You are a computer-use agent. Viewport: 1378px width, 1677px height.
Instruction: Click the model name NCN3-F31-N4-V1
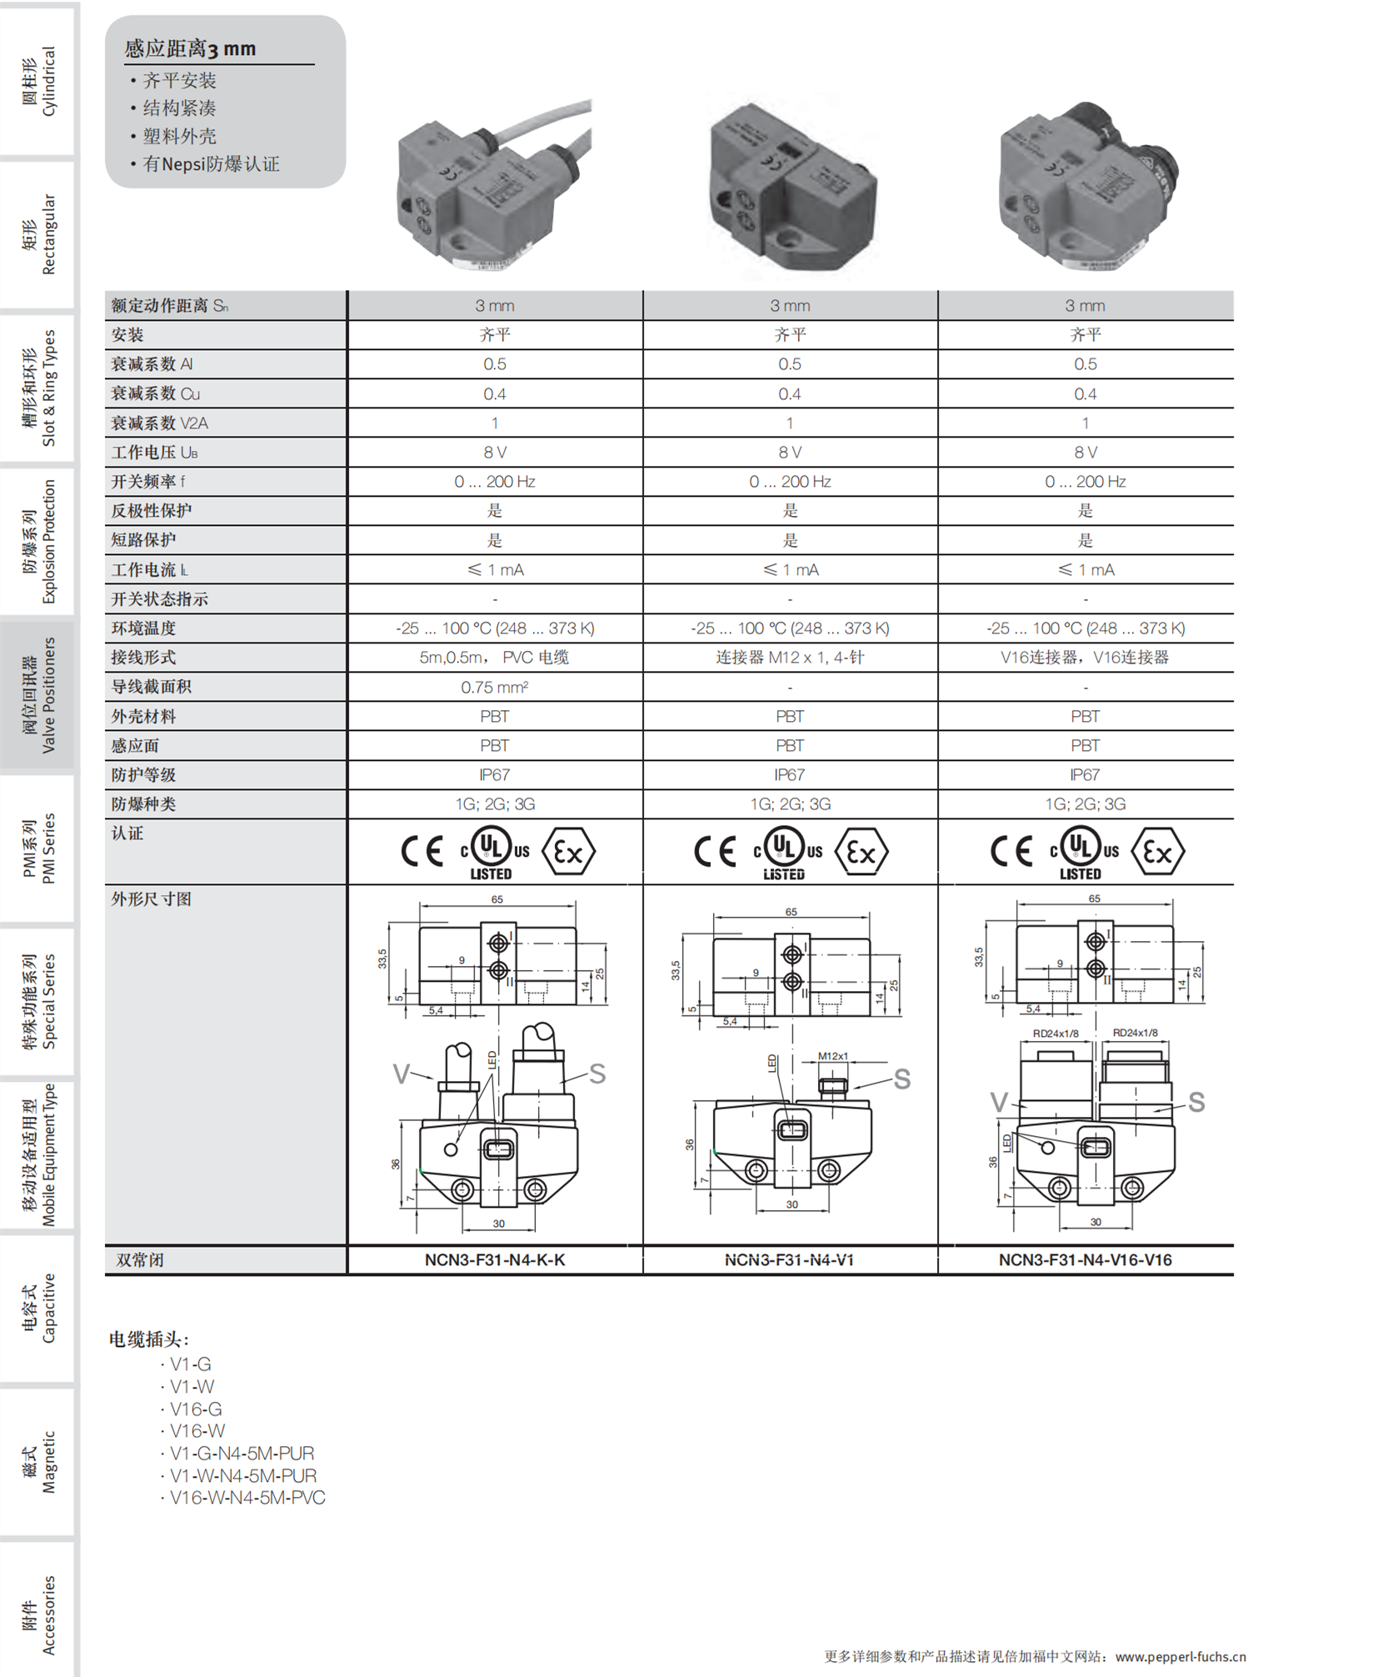(788, 1259)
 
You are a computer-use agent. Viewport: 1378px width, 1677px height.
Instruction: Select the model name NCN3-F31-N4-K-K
(494, 1259)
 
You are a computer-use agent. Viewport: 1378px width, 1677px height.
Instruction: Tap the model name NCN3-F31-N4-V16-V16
(1084, 1259)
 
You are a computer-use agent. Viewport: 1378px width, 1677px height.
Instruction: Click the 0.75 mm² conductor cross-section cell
(494, 687)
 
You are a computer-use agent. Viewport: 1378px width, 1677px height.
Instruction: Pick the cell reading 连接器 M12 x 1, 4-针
(789, 657)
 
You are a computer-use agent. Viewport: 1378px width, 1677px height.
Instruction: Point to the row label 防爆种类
(143, 803)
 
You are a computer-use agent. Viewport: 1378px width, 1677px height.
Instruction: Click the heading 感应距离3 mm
(190, 48)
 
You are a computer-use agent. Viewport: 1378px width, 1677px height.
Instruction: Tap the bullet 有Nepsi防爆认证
(210, 164)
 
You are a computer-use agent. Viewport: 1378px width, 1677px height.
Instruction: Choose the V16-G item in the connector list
(196, 1409)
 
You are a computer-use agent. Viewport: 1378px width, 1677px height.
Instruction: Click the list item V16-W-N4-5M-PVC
(247, 1497)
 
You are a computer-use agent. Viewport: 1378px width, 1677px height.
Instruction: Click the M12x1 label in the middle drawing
(831, 1056)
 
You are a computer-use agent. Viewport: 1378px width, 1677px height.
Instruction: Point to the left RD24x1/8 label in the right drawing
(1055, 1034)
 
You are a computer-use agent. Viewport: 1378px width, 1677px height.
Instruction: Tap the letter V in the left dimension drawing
(401, 1074)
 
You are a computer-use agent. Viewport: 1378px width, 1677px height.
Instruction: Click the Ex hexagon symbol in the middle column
(861, 851)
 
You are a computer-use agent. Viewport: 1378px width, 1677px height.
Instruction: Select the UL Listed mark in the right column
(1080, 852)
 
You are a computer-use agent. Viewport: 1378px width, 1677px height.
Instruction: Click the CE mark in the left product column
(422, 851)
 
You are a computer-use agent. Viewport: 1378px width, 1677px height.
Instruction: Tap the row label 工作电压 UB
(154, 452)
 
